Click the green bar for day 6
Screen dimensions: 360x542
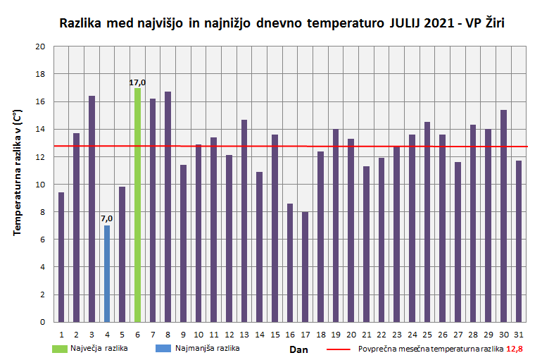pyautogui.click(x=137, y=205)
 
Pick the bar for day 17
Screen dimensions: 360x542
pyautogui.click(x=305, y=267)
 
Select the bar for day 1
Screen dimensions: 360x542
pyautogui.click(x=61, y=257)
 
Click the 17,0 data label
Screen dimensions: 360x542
pyautogui.click(x=137, y=82)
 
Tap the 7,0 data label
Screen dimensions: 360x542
pyautogui.click(x=106, y=219)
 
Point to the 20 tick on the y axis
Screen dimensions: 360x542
pyautogui.click(x=40, y=46)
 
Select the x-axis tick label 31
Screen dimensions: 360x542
pyautogui.click(x=519, y=334)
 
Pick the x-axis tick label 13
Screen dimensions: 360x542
pyautogui.click(x=244, y=334)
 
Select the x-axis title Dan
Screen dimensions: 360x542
pyautogui.click(x=299, y=349)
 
